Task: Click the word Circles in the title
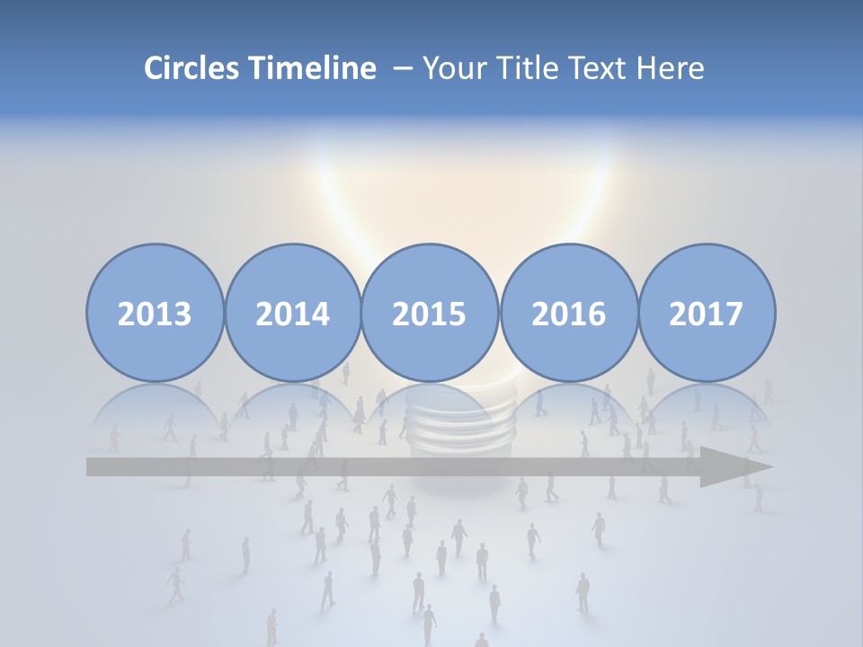click(x=191, y=68)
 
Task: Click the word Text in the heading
click(x=600, y=68)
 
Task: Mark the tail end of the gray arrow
click(x=93, y=467)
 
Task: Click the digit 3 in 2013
click(x=182, y=314)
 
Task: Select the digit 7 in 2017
click(x=734, y=314)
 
